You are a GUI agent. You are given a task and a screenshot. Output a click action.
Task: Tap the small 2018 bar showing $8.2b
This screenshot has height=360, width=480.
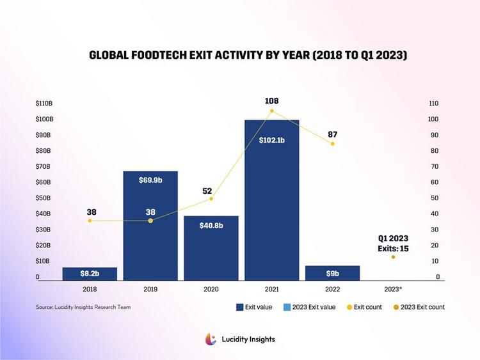[x=90, y=274]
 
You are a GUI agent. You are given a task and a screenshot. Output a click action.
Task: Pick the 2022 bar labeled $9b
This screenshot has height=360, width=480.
[x=333, y=273]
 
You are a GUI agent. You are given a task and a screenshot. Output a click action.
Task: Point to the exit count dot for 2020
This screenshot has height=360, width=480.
[x=211, y=198]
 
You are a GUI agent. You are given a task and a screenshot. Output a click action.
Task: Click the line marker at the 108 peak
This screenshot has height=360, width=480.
[x=272, y=111]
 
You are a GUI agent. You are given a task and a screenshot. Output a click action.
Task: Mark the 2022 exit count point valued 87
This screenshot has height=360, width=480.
[x=332, y=144]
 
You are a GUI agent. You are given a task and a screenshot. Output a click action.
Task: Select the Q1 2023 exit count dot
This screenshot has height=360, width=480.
[x=393, y=257]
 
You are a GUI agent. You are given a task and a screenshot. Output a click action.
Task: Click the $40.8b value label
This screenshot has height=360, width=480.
[x=211, y=226]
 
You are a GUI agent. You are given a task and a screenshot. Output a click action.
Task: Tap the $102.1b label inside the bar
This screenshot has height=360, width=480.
[x=272, y=140]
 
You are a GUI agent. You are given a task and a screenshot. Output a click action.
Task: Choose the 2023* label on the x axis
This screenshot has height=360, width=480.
[x=393, y=290]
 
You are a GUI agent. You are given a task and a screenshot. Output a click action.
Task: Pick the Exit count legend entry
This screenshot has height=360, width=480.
[x=364, y=307]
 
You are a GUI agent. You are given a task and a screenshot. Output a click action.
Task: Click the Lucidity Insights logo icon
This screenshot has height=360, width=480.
[x=210, y=340]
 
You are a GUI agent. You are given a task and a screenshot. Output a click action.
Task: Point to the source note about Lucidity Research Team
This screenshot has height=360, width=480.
[x=83, y=307]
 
